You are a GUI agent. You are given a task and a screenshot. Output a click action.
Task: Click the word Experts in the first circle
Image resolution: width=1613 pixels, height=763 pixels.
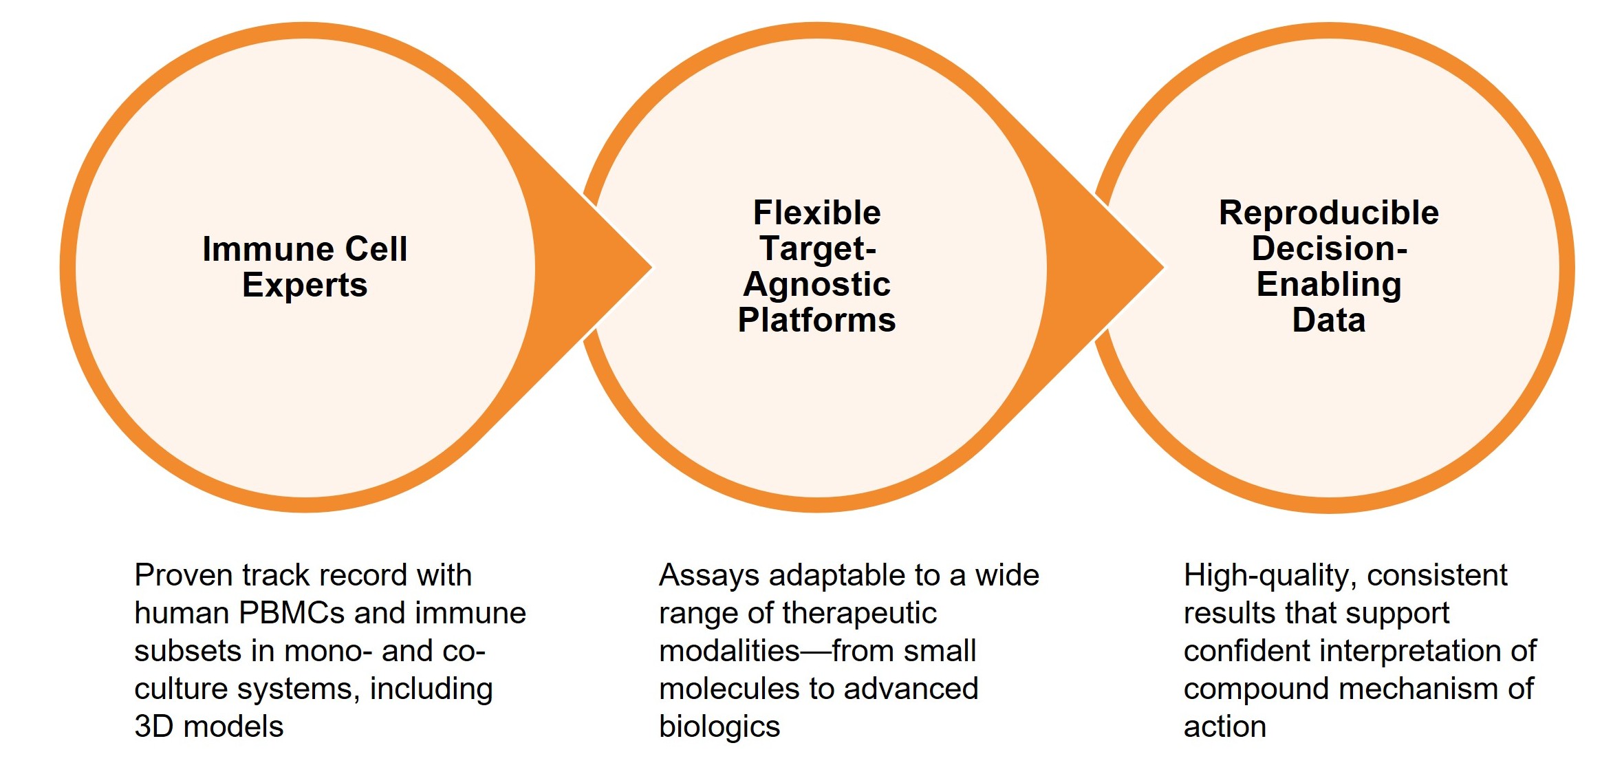coord(305,286)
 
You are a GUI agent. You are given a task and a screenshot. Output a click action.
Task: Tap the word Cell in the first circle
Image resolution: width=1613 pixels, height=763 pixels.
coord(376,249)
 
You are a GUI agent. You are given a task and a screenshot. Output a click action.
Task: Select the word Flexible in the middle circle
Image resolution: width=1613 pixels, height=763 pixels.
coord(816,213)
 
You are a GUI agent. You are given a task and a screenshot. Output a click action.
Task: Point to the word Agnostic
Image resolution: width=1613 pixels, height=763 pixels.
coord(816,285)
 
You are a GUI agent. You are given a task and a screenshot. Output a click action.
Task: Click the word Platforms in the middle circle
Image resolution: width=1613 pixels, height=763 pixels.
coord(816,320)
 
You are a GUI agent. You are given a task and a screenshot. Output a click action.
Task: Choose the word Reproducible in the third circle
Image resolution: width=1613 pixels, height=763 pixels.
coord(1328,213)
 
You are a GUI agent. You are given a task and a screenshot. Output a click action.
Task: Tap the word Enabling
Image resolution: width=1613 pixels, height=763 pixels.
coord(1328,285)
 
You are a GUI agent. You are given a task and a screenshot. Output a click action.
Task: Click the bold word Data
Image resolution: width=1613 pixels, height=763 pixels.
coord(1328,320)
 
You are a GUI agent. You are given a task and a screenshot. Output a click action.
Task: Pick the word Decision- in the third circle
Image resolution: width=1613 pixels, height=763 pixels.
coord(1328,248)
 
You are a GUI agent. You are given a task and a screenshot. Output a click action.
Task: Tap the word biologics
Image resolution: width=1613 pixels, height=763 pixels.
coord(719,727)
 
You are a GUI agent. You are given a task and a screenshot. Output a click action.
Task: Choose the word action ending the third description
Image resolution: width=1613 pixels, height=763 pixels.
coord(1224,727)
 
